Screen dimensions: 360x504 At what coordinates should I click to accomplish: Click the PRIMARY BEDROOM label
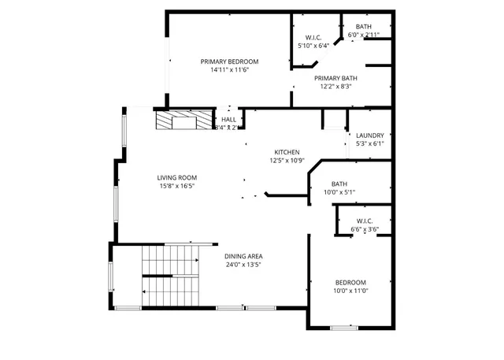click(229, 61)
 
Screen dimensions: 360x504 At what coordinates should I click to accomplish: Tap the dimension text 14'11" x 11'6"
click(229, 70)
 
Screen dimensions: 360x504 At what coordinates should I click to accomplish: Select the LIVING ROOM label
click(176, 177)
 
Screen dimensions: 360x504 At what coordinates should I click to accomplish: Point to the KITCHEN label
click(286, 152)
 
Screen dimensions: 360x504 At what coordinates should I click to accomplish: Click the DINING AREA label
click(243, 256)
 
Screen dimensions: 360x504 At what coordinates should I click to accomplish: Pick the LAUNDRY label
click(369, 135)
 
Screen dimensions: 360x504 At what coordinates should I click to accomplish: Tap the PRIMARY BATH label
click(336, 78)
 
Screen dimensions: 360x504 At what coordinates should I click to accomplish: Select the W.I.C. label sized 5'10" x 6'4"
click(313, 38)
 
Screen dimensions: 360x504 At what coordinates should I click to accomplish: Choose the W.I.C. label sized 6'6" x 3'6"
click(365, 221)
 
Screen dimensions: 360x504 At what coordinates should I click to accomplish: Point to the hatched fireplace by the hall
click(184, 121)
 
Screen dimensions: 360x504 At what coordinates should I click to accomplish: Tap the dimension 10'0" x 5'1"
click(339, 191)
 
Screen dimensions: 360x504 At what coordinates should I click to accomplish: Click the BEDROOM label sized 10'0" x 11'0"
click(350, 282)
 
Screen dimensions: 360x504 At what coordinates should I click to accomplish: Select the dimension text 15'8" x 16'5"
click(176, 186)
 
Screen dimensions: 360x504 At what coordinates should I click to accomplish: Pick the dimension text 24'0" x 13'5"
click(243, 265)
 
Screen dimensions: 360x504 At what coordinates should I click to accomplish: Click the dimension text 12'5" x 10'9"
click(286, 161)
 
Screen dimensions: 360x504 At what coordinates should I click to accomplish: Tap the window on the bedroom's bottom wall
click(343, 327)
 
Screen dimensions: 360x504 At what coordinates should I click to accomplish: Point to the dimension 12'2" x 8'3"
click(336, 87)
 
